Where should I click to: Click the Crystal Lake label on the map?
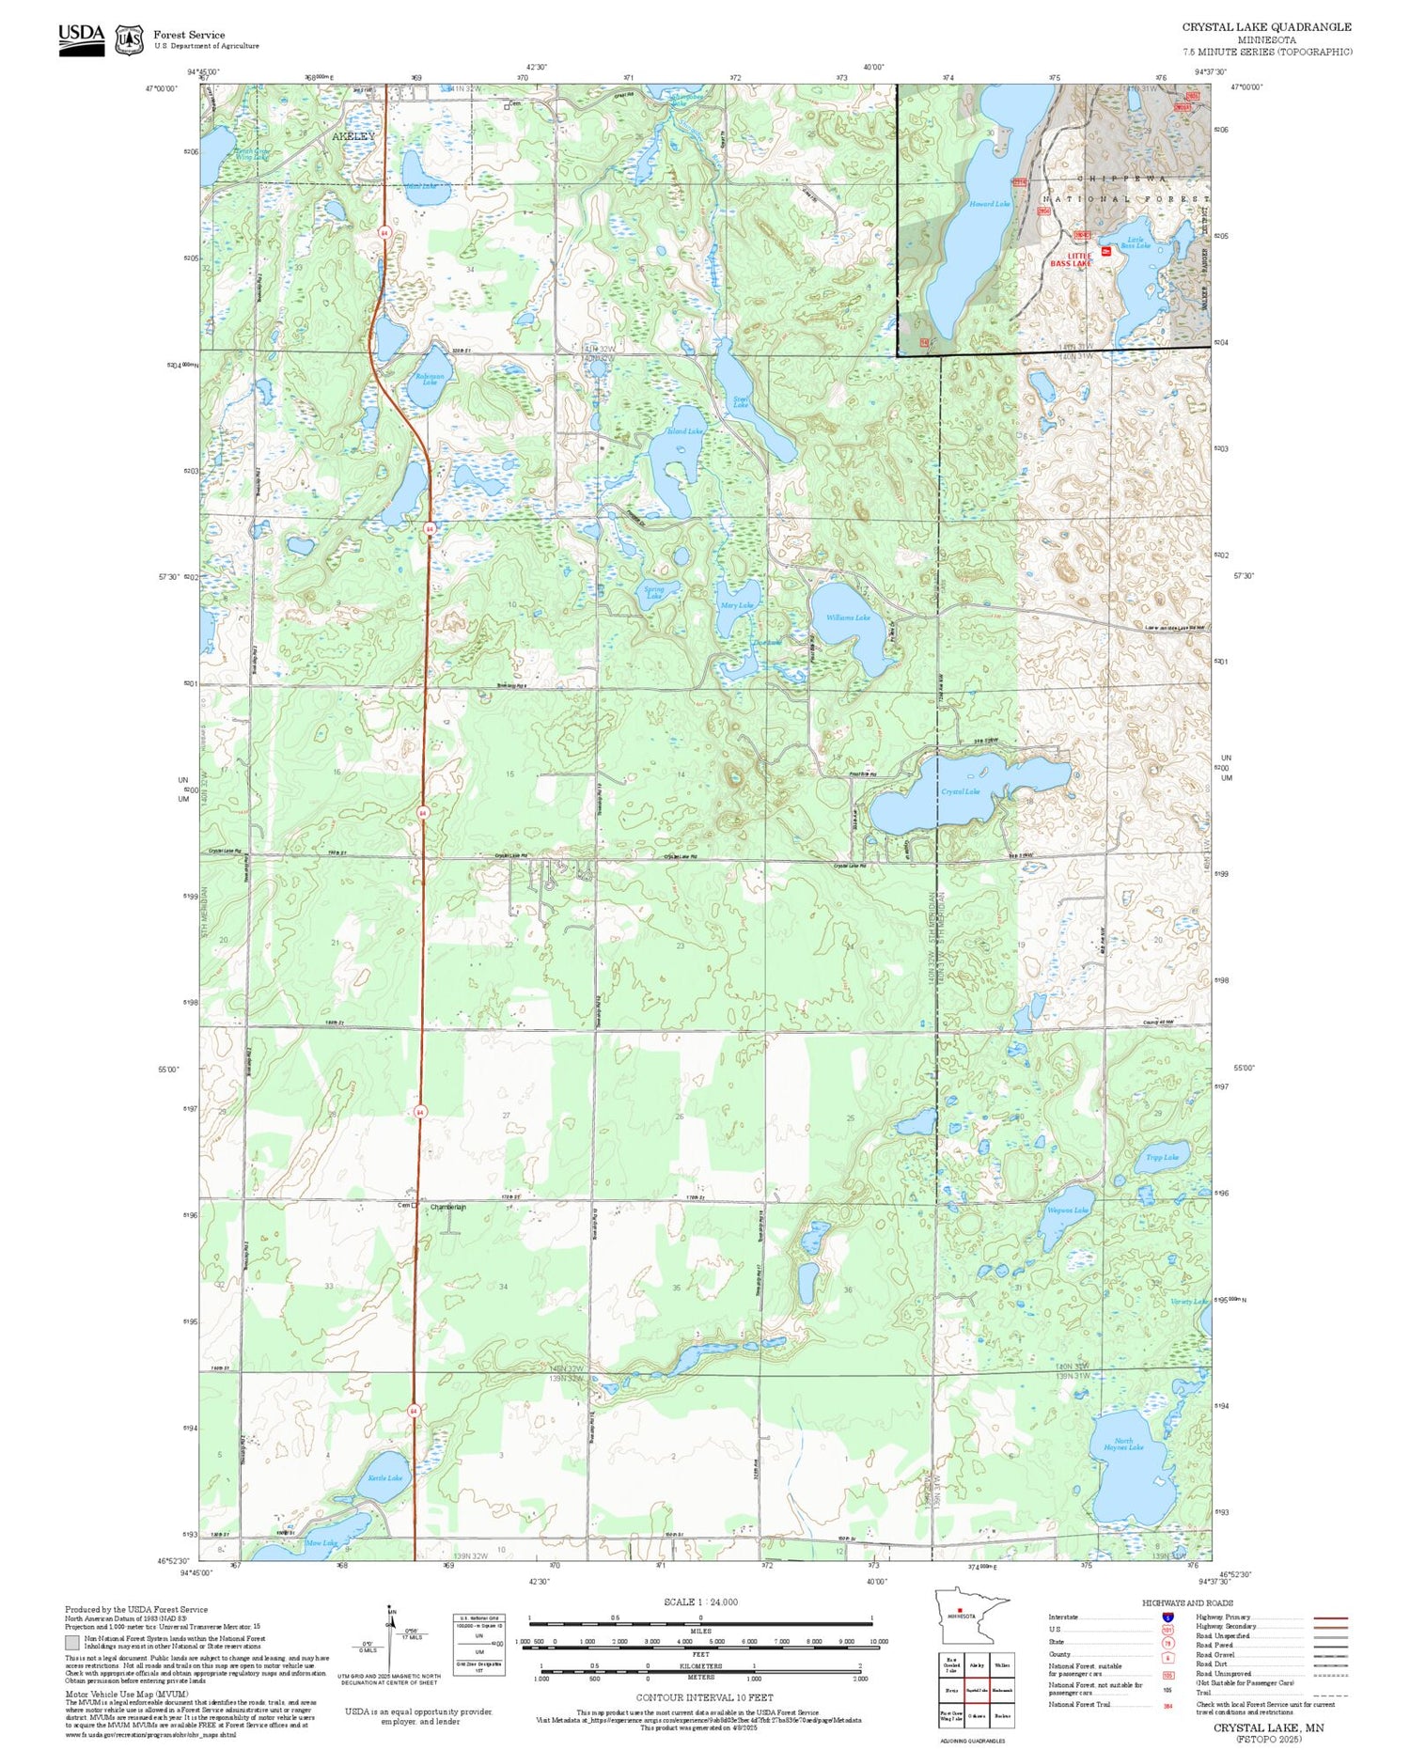click(960, 791)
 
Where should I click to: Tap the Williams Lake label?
click(848, 617)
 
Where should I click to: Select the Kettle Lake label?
click(384, 1477)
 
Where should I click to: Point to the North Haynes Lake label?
click(1123, 1444)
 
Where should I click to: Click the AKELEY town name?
click(352, 136)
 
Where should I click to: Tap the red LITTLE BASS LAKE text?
click(1071, 259)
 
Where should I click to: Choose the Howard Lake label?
click(990, 204)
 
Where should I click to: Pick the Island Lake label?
click(684, 431)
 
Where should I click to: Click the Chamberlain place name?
click(447, 1207)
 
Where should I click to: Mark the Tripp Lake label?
click(1162, 1157)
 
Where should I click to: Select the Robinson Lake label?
click(430, 379)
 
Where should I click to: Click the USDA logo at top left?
click(82, 39)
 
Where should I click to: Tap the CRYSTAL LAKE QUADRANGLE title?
click(1266, 27)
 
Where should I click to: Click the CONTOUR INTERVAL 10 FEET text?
click(704, 1697)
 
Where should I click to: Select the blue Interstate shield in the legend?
click(1167, 1617)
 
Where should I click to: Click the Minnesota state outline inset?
click(972, 1616)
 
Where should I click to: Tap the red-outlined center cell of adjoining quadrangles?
click(978, 1689)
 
